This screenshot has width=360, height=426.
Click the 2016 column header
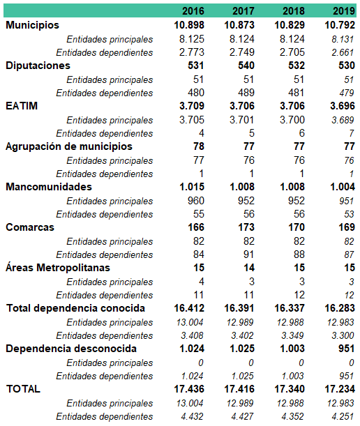coord(193,11)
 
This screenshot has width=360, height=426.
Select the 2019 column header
coord(344,11)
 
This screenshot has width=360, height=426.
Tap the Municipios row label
coord(32,25)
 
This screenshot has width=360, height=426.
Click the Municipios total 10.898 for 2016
coord(189,25)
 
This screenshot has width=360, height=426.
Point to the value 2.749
coord(241,52)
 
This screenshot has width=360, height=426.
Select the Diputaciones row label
coord(38,66)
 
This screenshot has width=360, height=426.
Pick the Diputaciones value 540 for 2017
coord(246,66)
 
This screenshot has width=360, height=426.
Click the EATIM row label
coord(22,106)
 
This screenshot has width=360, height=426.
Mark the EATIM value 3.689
coord(343,120)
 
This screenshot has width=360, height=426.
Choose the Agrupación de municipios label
coord(69,146)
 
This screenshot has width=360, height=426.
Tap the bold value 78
coord(199,146)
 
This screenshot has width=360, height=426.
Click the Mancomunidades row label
coord(49,187)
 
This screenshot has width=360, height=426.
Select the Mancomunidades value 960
coord(196,201)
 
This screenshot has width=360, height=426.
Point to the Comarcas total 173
coord(246,227)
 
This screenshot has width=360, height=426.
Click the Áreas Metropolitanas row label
coord(58,267)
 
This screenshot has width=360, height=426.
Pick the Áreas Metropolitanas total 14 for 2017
coord(249,268)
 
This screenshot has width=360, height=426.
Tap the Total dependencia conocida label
coord(75,308)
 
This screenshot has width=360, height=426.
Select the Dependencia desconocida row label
coord(71,349)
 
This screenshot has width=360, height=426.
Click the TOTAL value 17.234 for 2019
coord(340,389)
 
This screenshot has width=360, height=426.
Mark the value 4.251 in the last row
coord(343,416)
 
